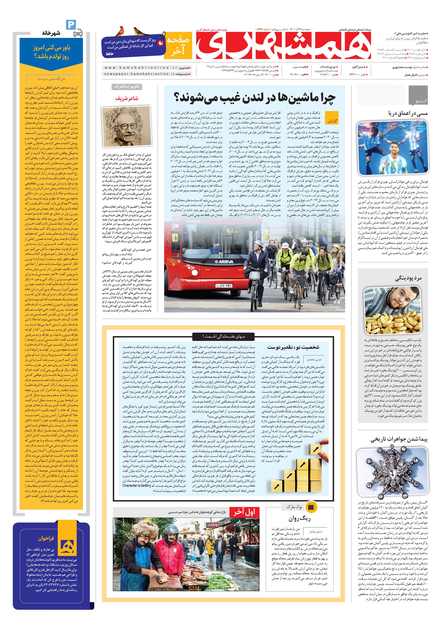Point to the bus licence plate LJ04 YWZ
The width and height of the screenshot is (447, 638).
[x=224, y=285]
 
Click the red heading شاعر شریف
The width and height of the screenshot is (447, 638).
[x=127, y=98]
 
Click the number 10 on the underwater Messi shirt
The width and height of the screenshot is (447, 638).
[x=393, y=169]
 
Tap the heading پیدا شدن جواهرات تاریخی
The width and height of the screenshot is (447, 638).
[x=399, y=440]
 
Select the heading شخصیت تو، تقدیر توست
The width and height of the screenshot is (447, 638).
[x=293, y=347]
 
